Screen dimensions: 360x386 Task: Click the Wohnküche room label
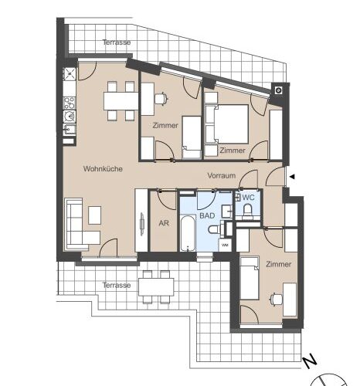103,169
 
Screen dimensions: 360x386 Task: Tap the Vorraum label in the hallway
222,176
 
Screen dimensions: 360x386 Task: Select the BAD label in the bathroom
207,215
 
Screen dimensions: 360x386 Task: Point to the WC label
248,198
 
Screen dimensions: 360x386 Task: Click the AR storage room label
164,223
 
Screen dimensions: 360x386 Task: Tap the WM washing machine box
225,245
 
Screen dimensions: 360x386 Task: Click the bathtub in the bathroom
188,233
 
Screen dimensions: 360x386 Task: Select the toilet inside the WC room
248,210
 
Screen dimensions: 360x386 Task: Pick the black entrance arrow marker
292,177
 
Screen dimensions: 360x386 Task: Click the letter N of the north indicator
310,362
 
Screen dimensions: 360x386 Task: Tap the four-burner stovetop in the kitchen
70,103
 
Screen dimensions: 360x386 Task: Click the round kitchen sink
70,117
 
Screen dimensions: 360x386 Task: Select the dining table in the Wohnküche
121,101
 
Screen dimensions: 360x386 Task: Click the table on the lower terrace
156,287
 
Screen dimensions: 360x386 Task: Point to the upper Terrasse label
117,42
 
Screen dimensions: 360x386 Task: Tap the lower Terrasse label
117,285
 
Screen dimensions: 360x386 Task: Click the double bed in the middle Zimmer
226,124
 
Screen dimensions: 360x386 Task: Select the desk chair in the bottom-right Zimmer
276,300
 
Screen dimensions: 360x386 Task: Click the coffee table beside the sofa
95,215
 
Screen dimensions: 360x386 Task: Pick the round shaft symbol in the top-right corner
278,90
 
